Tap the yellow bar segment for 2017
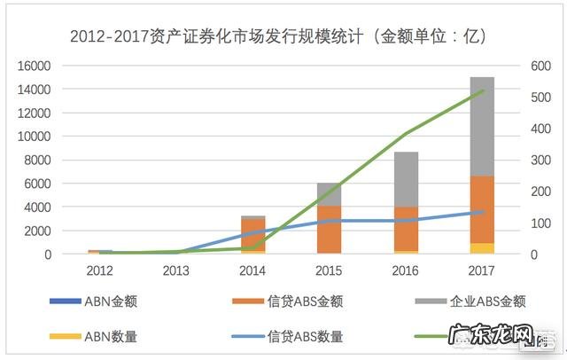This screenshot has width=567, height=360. [482, 248]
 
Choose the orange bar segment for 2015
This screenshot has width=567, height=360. [329, 230]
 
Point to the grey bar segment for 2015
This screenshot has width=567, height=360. [329, 194]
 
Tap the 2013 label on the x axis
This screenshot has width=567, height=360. [175, 270]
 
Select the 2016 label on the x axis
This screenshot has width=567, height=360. [406, 270]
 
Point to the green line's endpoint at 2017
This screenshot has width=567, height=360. [482, 90]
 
